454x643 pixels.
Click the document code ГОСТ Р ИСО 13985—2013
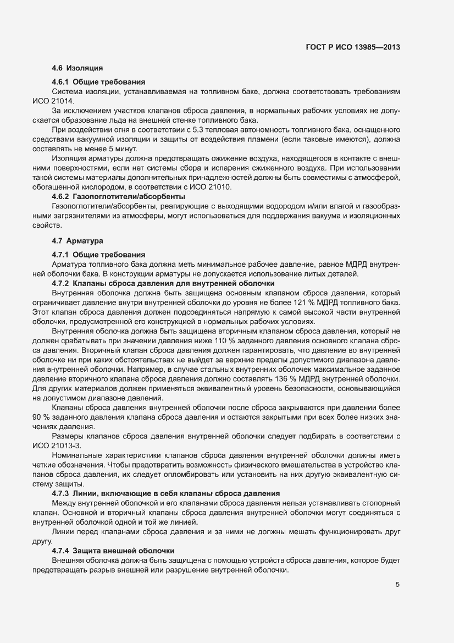click(352, 47)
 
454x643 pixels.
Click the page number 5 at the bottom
click(397, 585)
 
